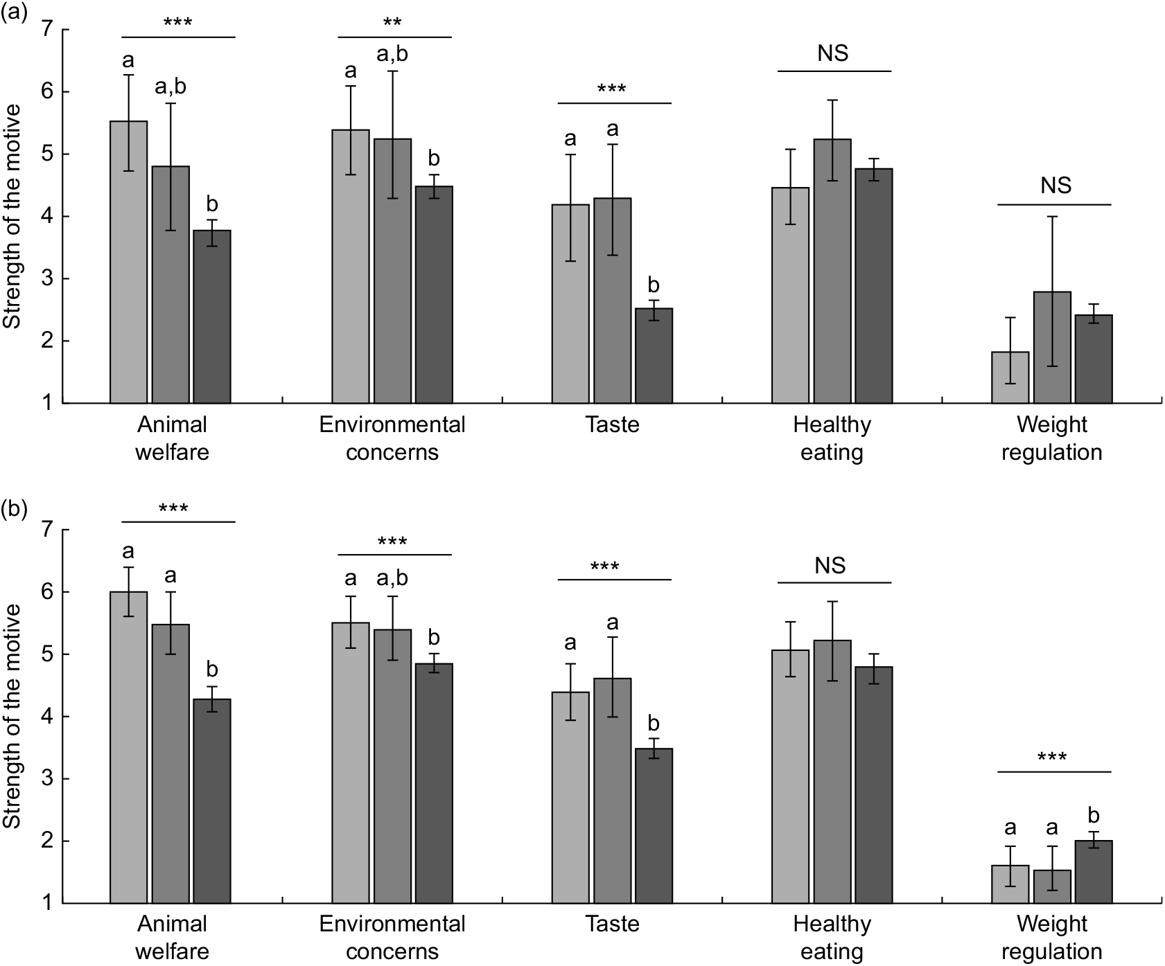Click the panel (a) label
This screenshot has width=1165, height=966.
pyautogui.click(x=14, y=12)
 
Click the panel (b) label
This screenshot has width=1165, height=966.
pyautogui.click(x=14, y=511)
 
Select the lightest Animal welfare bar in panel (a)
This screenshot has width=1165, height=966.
pyautogui.click(x=129, y=263)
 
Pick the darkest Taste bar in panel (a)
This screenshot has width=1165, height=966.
pyautogui.click(x=654, y=356)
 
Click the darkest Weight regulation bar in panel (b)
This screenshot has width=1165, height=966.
pyautogui.click(x=1093, y=872)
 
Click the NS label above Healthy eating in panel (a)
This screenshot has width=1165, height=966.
pyautogui.click(x=833, y=53)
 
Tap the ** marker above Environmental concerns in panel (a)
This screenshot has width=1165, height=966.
pyautogui.click(x=392, y=22)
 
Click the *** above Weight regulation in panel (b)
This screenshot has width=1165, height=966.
pyautogui.click(x=1052, y=757)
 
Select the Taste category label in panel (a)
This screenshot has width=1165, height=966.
pyautogui.click(x=612, y=424)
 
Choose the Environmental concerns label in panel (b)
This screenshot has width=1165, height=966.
pyautogui.click(x=392, y=937)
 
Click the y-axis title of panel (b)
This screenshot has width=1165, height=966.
pyautogui.click(x=12, y=716)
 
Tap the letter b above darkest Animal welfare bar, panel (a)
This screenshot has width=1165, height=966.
pyautogui.click(x=212, y=205)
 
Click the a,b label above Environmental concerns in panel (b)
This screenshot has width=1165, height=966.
pyautogui.click(x=392, y=578)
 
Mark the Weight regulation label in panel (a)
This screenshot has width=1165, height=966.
pyautogui.click(x=1052, y=438)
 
